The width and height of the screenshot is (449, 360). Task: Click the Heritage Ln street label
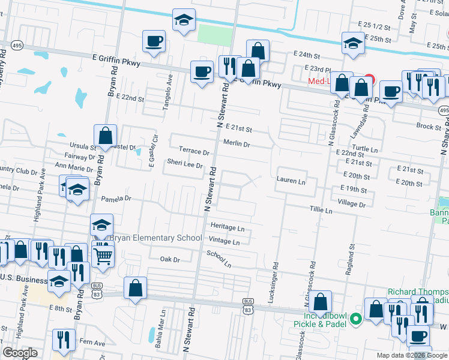pyautogui.click(x=228, y=228)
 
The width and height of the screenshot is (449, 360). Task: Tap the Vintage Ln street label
pyautogui.click(x=224, y=242)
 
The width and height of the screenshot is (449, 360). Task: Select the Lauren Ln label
pyautogui.click(x=291, y=181)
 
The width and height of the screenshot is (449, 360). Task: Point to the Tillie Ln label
pyautogui.click(x=321, y=211)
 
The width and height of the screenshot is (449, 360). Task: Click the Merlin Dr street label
pyautogui.click(x=236, y=144)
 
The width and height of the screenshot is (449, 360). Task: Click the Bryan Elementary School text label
pyautogui.click(x=154, y=238)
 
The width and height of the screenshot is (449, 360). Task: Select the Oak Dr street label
pyautogui.click(x=170, y=260)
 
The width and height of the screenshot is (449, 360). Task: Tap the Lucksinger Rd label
pyautogui.click(x=275, y=282)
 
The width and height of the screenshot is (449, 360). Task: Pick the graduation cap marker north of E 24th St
pyautogui.click(x=353, y=42)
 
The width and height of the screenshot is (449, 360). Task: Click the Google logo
pyautogui.click(x=20, y=353)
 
